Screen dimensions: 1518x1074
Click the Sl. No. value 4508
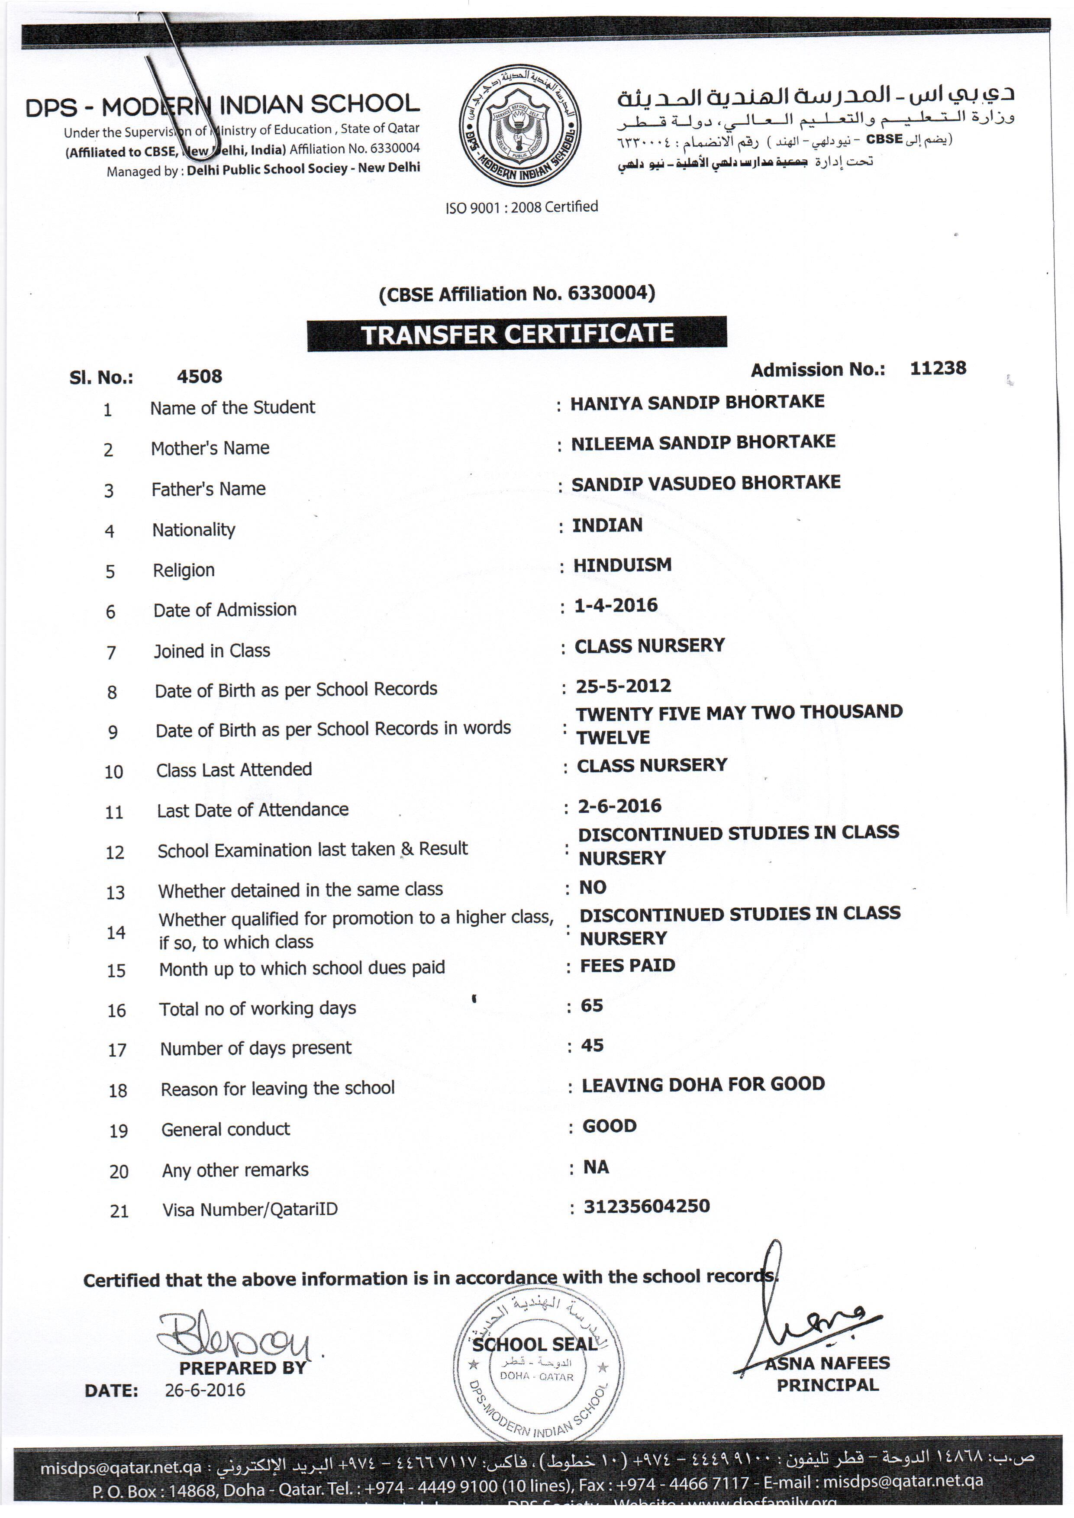tap(199, 377)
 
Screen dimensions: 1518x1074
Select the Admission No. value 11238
tap(937, 368)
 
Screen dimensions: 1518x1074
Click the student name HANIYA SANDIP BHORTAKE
tap(697, 402)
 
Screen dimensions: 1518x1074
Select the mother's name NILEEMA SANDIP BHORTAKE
tap(703, 442)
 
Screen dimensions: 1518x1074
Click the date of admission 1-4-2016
tap(616, 605)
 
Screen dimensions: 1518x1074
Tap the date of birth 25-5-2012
tap(623, 686)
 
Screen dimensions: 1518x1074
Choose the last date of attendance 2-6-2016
tap(619, 806)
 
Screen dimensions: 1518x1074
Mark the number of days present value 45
tap(592, 1045)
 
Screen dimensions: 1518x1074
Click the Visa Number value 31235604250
tap(646, 1207)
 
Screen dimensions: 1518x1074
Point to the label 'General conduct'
tap(226, 1129)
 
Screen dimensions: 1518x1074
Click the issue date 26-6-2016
tap(205, 1390)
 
